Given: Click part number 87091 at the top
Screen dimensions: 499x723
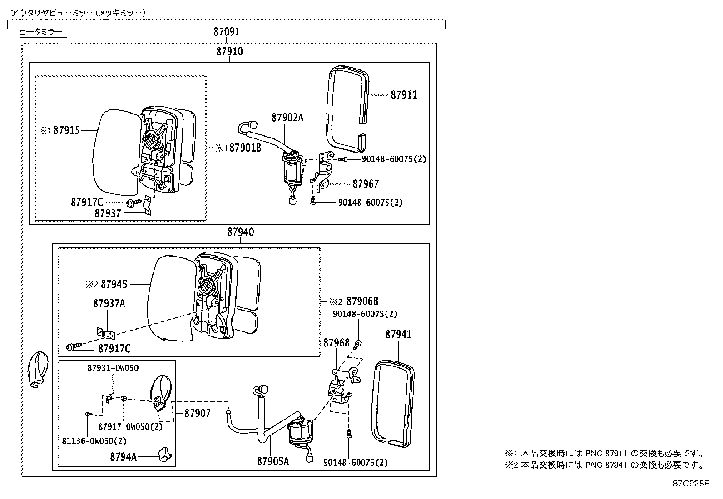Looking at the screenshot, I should tap(227, 32).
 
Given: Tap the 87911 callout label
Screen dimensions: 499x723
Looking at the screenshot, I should tap(404, 95).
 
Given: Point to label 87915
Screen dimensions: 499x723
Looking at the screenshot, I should tap(66, 131).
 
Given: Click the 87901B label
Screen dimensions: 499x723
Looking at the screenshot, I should tap(245, 148).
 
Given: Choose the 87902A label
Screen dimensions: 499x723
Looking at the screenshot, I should tap(287, 118).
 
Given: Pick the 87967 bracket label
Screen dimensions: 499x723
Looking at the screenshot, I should tap(365, 184).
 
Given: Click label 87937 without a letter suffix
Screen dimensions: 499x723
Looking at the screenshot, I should tap(108, 213).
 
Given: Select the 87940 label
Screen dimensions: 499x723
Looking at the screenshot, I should tap(241, 232).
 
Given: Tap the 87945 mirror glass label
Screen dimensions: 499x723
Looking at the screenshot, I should tap(114, 284).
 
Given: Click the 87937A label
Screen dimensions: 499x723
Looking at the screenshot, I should tap(109, 304).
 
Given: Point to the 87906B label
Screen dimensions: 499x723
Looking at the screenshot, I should tap(362, 301).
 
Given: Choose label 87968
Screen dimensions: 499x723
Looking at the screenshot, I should tap(337, 343).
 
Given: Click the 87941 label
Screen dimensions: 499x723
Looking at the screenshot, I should tap(398, 335).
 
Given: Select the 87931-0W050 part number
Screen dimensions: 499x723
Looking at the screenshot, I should tap(113, 368).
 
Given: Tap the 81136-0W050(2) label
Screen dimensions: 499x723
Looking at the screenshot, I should tap(94, 441).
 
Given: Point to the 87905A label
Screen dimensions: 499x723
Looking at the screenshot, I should tap(273, 461).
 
